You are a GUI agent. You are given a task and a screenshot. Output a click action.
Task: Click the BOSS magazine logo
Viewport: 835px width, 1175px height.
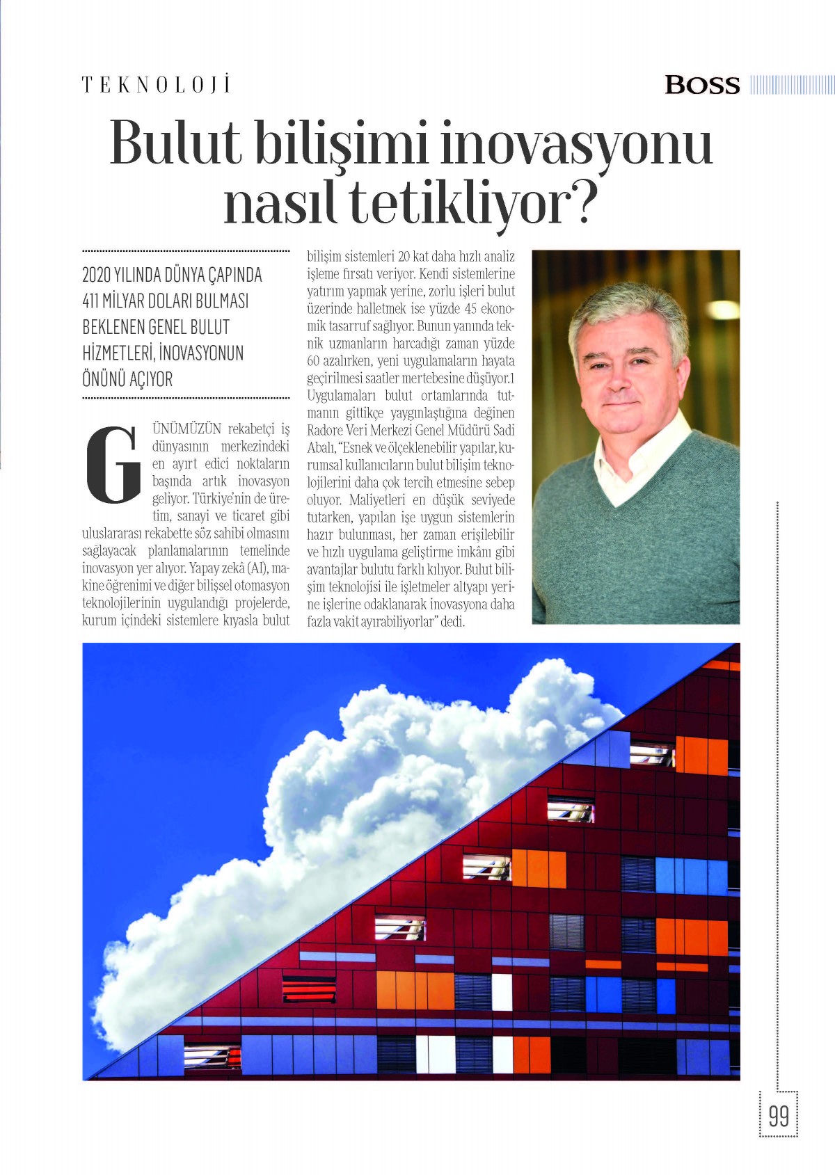(702, 85)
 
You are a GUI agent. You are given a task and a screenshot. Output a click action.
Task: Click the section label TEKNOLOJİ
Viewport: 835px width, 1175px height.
(156, 85)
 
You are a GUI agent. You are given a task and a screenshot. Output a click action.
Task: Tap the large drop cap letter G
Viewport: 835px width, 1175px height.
(113, 465)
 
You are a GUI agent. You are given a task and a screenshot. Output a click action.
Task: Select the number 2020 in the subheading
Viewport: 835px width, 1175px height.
(96, 275)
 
